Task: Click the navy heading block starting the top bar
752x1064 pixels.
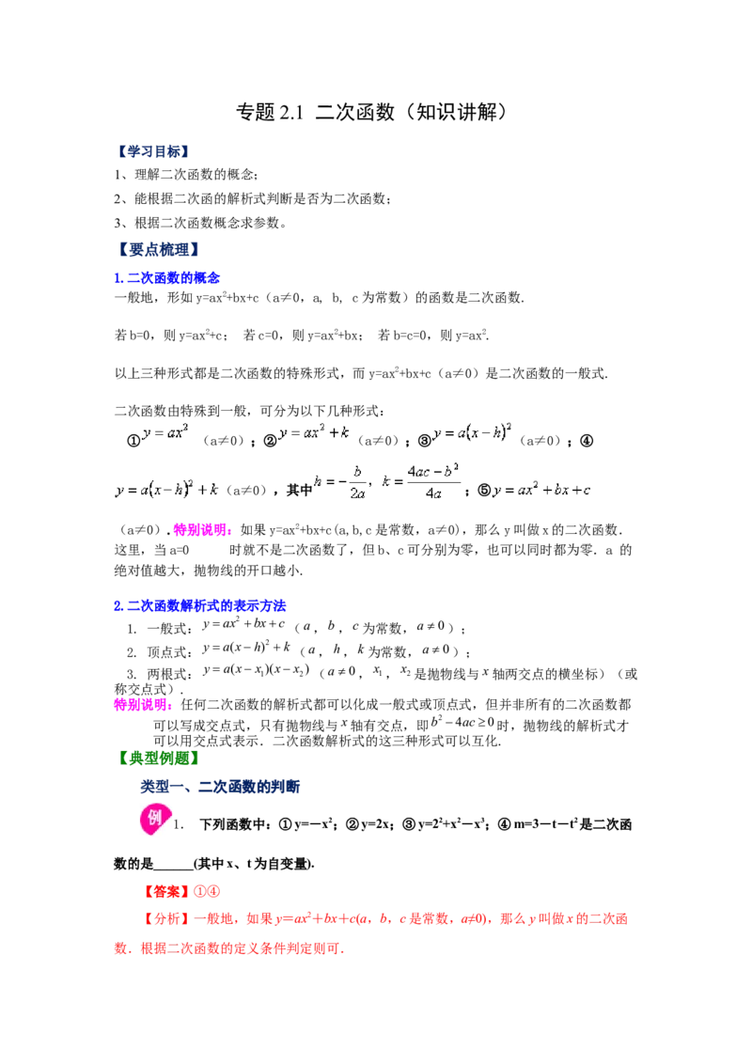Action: tap(150, 151)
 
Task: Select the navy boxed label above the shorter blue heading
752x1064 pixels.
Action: tap(161, 250)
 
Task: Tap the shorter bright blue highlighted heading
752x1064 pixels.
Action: tap(167, 278)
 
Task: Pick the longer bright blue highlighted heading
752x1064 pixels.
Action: tap(200, 607)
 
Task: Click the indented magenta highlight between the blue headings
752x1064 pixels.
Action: tap(202, 531)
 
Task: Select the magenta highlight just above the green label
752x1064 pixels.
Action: tap(142, 706)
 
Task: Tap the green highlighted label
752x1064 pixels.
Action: tap(161, 758)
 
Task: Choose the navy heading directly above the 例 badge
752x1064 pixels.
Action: tap(218, 786)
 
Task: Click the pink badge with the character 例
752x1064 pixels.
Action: tap(154, 818)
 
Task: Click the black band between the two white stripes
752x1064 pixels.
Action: tap(461, 823)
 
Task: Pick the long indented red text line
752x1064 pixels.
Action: tap(385, 918)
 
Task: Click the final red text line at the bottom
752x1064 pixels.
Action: tap(228, 949)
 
